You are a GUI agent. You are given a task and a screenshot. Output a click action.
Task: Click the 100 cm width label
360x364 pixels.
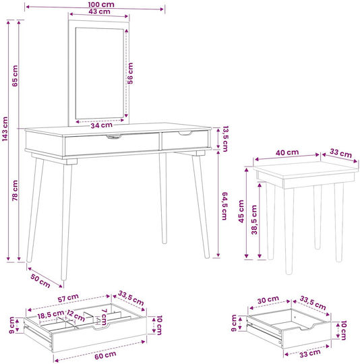(101, 4)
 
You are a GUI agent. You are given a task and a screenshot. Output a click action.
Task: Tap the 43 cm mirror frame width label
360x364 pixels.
(99, 11)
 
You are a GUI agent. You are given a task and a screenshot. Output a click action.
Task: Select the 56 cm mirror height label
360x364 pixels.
(130, 73)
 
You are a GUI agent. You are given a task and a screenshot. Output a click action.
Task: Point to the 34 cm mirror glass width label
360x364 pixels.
(101, 125)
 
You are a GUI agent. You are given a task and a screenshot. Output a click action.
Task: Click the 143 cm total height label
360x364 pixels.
(5, 129)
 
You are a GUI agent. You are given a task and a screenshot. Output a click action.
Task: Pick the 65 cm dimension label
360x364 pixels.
(15, 75)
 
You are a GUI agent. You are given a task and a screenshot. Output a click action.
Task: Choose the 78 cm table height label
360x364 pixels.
(15, 190)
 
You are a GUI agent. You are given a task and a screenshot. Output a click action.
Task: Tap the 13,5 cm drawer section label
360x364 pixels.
(225, 139)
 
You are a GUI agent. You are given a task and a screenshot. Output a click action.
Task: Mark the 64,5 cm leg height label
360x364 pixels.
(224, 206)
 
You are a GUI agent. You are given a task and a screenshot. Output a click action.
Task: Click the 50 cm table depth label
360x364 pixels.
(40, 281)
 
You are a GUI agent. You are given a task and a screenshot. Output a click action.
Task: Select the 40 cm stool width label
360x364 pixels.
(287, 152)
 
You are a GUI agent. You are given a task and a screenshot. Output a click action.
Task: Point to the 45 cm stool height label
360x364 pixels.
(241, 211)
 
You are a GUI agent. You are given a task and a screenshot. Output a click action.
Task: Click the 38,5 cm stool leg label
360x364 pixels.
(255, 220)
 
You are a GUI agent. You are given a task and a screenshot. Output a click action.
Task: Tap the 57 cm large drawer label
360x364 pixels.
(68, 298)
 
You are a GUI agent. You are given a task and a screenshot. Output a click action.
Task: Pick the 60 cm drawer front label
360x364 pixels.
(105, 355)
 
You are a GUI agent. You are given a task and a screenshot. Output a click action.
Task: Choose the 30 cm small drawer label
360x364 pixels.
(268, 300)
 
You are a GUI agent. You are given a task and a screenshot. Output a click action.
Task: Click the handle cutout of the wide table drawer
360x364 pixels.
(114, 136)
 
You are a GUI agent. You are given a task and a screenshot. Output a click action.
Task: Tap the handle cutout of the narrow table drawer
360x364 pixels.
(185, 133)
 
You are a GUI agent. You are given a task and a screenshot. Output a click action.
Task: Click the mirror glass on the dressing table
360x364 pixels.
(99, 73)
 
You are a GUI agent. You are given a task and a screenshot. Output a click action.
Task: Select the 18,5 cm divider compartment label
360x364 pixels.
(51, 315)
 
